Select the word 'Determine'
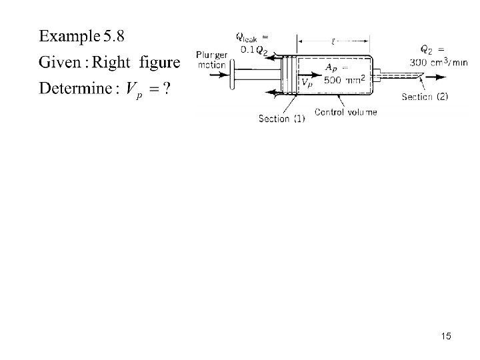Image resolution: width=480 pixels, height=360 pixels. point(73,89)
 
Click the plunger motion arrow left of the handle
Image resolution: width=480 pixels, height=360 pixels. point(213,75)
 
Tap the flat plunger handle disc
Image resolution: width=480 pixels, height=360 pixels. point(231,75)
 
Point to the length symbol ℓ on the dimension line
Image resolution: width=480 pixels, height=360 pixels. point(333,40)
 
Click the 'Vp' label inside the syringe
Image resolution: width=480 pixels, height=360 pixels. point(307,83)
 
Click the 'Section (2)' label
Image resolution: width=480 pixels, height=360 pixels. point(425,96)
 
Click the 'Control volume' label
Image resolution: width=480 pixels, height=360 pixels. point(345,112)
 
